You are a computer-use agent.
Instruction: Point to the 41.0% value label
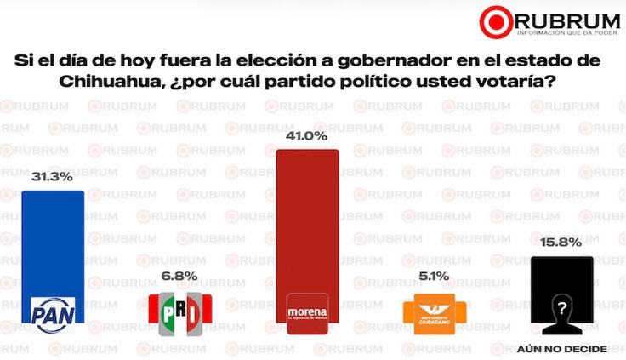[x=308, y=135]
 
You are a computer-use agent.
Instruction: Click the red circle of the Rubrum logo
[x=495, y=21]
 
